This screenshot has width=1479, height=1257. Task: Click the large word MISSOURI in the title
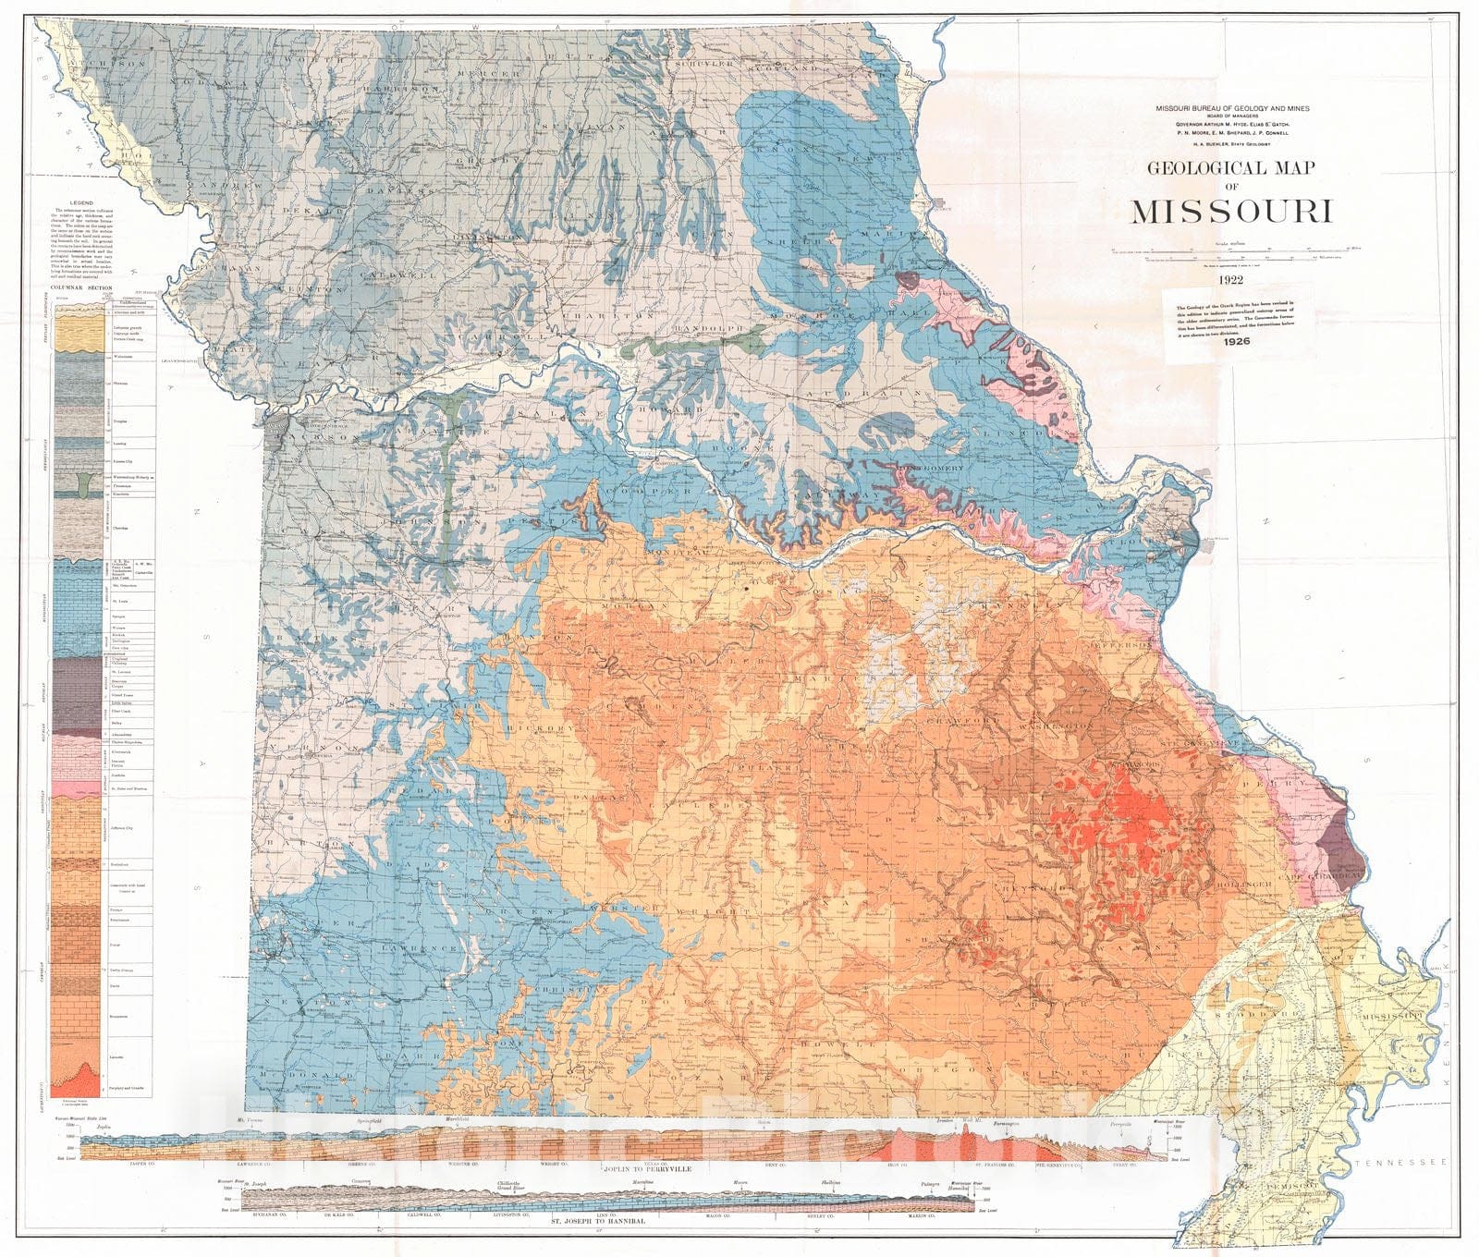coord(1232,212)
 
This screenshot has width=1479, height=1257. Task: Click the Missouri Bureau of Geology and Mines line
coord(1230,108)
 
